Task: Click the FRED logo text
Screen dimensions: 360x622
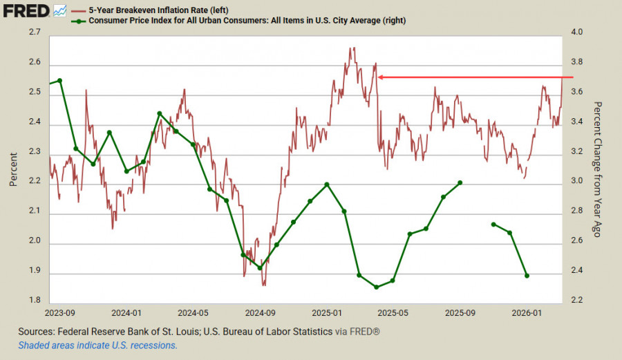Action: click(26, 10)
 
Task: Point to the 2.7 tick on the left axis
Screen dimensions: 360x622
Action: click(35, 32)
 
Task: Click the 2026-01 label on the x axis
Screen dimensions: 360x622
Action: click(527, 312)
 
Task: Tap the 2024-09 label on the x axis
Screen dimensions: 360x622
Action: click(260, 312)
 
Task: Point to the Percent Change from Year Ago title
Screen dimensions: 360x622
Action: click(599, 169)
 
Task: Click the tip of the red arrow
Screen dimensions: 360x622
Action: click(378, 77)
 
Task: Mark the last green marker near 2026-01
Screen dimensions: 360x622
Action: click(527, 276)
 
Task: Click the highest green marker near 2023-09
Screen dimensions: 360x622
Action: click(59, 80)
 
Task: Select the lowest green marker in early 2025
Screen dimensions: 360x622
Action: click(376, 287)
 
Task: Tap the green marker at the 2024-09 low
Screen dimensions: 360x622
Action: click(260, 267)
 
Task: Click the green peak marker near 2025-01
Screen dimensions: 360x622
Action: click(327, 184)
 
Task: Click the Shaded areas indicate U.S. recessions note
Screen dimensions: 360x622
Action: click(97, 345)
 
